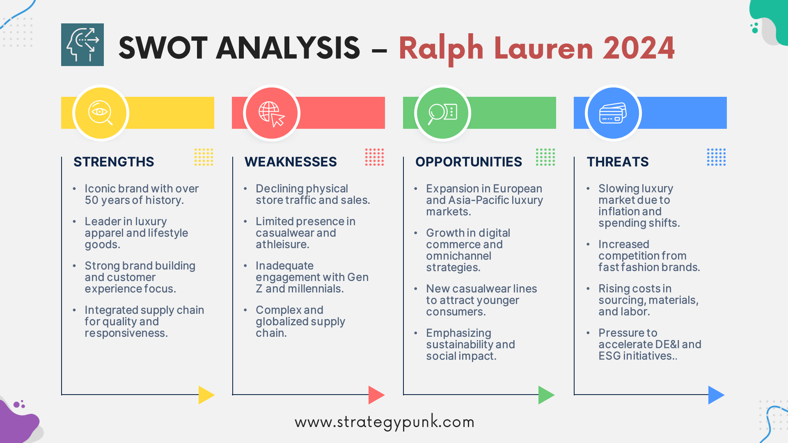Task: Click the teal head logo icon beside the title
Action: coord(82,45)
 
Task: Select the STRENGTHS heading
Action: coord(114,162)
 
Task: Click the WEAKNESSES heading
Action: coord(291,162)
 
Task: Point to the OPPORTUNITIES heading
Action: coord(469,162)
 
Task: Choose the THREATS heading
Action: coord(618,162)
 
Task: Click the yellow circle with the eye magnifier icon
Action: coord(101,113)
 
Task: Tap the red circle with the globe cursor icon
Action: coord(272,113)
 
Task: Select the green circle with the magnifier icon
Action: coord(442,113)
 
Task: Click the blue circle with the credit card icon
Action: coord(613,113)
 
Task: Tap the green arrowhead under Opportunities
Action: coord(546,395)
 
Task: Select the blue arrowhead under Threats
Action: coord(716,395)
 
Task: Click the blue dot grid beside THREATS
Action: coord(716,157)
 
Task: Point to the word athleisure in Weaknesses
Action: coord(282,244)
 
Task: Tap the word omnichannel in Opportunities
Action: coord(458,256)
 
